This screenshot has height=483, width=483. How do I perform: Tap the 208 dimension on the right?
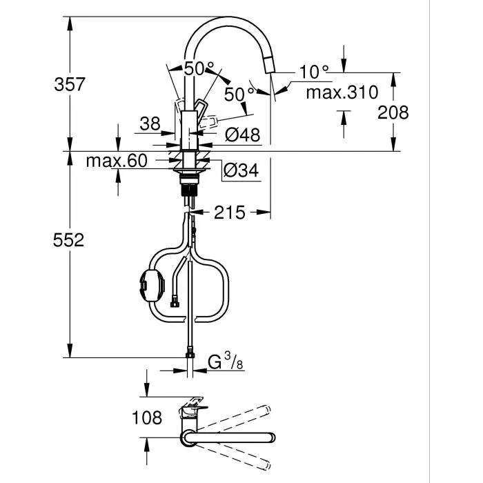click(393, 112)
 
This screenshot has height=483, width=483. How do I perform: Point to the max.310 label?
click(342, 92)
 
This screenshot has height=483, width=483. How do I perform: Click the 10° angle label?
click(314, 71)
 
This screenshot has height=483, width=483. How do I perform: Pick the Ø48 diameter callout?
click(243, 135)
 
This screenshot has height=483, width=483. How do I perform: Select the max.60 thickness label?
click(117, 161)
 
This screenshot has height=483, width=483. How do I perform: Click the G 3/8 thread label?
click(224, 362)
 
